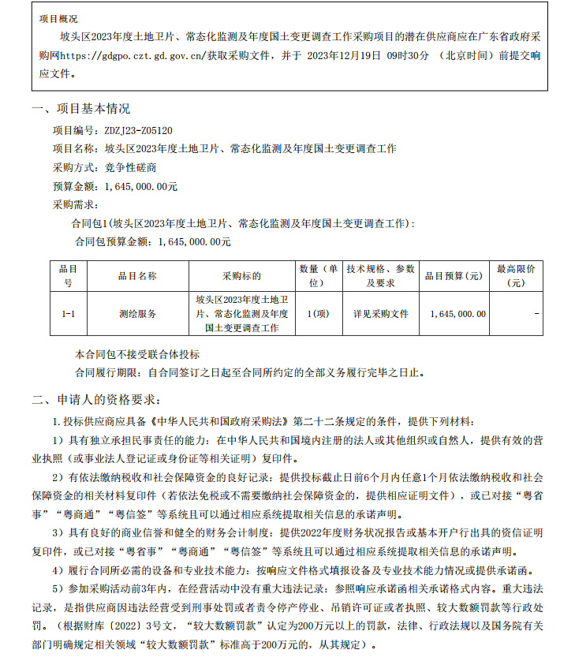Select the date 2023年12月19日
pos(344,56)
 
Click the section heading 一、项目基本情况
pos(80,109)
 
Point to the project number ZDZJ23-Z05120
pos(138,129)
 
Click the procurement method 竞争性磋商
pos(130,167)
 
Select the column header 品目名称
pos(137,276)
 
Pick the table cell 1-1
pos(69,314)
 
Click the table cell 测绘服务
pos(137,314)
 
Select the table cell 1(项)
pos(319,314)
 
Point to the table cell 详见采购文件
pos(381,314)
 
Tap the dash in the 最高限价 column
pos(536,314)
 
